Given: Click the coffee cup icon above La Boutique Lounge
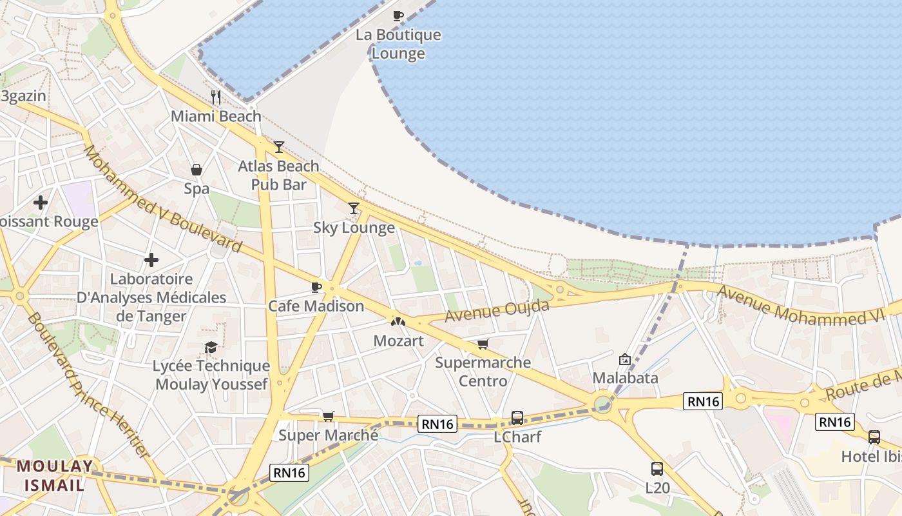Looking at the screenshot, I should click(x=398, y=15).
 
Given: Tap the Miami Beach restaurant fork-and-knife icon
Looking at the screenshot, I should click(x=216, y=97).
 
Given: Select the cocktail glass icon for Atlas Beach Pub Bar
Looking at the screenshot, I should click(x=278, y=147).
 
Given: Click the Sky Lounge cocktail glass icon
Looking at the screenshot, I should click(x=353, y=208).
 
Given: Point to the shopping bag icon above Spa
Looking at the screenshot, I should click(x=197, y=170).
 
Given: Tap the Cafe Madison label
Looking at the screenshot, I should click(x=316, y=306).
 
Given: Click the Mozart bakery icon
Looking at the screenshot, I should click(x=398, y=321).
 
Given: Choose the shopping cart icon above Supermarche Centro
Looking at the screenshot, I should click(x=483, y=344).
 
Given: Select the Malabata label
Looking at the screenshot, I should click(x=625, y=377).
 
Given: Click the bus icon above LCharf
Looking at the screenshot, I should click(x=517, y=418).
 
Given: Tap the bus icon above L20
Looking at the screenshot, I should click(x=657, y=469).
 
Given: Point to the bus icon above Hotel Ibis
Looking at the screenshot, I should click(x=874, y=437).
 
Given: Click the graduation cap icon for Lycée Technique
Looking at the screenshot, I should click(x=211, y=348).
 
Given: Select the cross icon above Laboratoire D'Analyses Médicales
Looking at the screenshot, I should click(x=151, y=260).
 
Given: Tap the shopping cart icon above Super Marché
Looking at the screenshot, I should click(x=328, y=417).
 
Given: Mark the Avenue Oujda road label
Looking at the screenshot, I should click(x=497, y=311).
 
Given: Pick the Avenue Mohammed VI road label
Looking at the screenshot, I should click(x=809, y=307).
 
